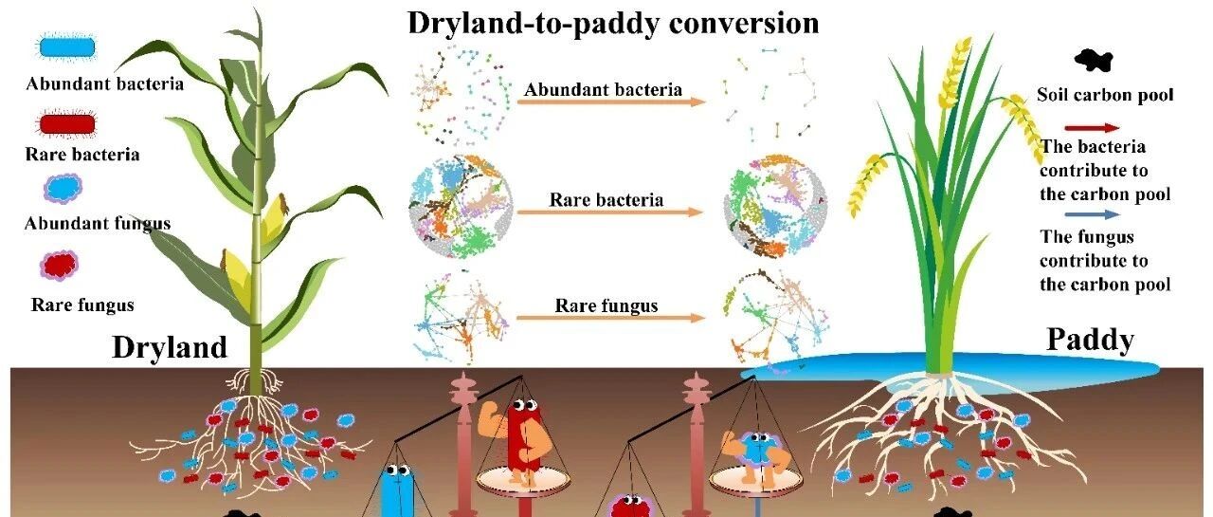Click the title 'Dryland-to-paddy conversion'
pyautogui.click(x=613, y=24)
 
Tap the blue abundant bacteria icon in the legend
pyautogui.click(x=67, y=47)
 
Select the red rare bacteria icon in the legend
pyautogui.click(x=66, y=124)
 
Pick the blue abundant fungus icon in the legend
pyautogui.click(x=63, y=188)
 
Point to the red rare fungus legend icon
pyautogui.click(x=59, y=265)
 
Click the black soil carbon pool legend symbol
pyautogui.click(x=1094, y=60)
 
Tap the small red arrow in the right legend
pyautogui.click(x=1092, y=128)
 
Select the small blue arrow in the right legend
pyautogui.click(x=1092, y=214)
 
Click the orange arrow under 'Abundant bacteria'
pyautogui.click(x=612, y=102)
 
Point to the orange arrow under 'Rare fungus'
pyautogui.click(x=611, y=318)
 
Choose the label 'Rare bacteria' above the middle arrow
pyautogui.click(x=606, y=200)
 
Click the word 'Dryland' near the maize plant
pyautogui.click(x=170, y=347)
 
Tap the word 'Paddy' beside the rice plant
pyautogui.click(x=1091, y=341)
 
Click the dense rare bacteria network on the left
pyautogui.click(x=461, y=206)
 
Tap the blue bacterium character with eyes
pyautogui.click(x=399, y=490)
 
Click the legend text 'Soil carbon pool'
pyautogui.click(x=1105, y=96)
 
